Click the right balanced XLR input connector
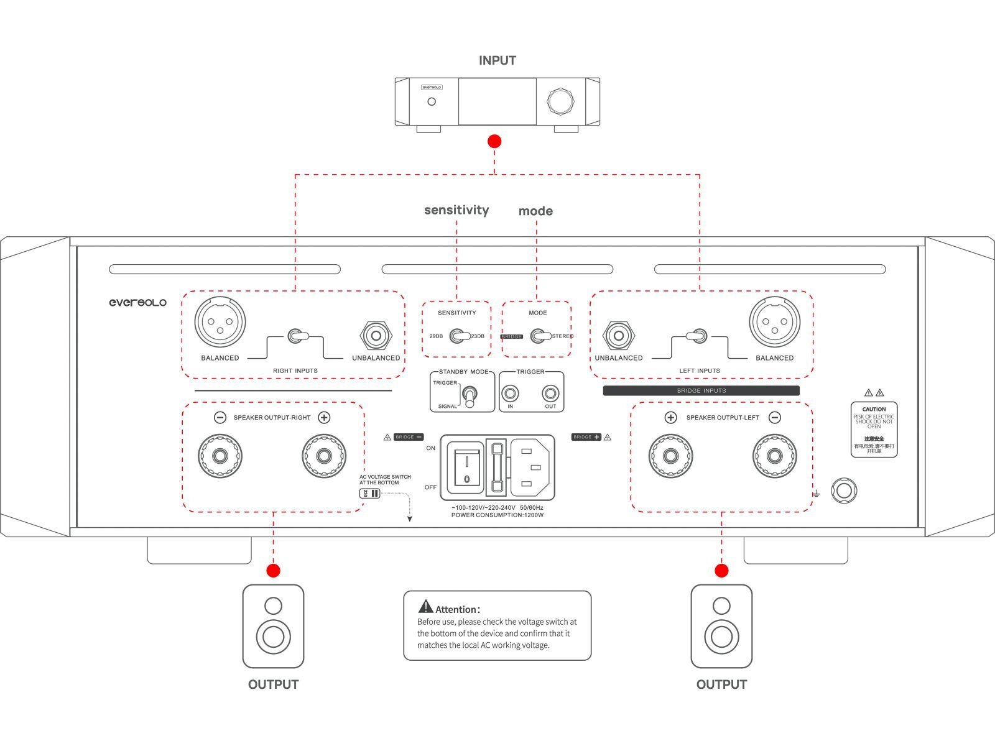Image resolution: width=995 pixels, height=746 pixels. [220, 322]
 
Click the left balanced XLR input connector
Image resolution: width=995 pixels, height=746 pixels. [774, 322]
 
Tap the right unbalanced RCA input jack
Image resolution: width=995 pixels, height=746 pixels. [376, 336]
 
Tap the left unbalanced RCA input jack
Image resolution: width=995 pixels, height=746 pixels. [618, 336]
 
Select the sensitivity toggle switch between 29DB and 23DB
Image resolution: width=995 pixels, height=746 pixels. [460, 336]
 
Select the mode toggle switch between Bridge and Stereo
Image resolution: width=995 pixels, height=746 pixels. [541, 336]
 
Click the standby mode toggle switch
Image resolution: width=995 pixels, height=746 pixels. [470, 396]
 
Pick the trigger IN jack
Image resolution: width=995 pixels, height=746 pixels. [511, 394]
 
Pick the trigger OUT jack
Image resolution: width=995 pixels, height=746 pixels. [550, 394]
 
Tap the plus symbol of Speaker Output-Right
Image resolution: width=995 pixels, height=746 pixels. [324, 418]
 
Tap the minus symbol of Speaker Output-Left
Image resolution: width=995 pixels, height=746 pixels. [775, 418]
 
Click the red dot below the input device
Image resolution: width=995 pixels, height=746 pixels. [494, 141]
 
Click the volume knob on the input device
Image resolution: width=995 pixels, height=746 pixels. [560, 101]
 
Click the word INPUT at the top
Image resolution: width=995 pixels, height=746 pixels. [497, 60]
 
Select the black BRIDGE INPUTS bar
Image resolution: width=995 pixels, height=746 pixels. [701, 391]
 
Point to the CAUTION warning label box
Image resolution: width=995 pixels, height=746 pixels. [874, 430]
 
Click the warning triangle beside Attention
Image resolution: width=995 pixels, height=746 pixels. [425, 606]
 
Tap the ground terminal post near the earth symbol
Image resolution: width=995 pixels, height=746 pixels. [844, 491]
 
